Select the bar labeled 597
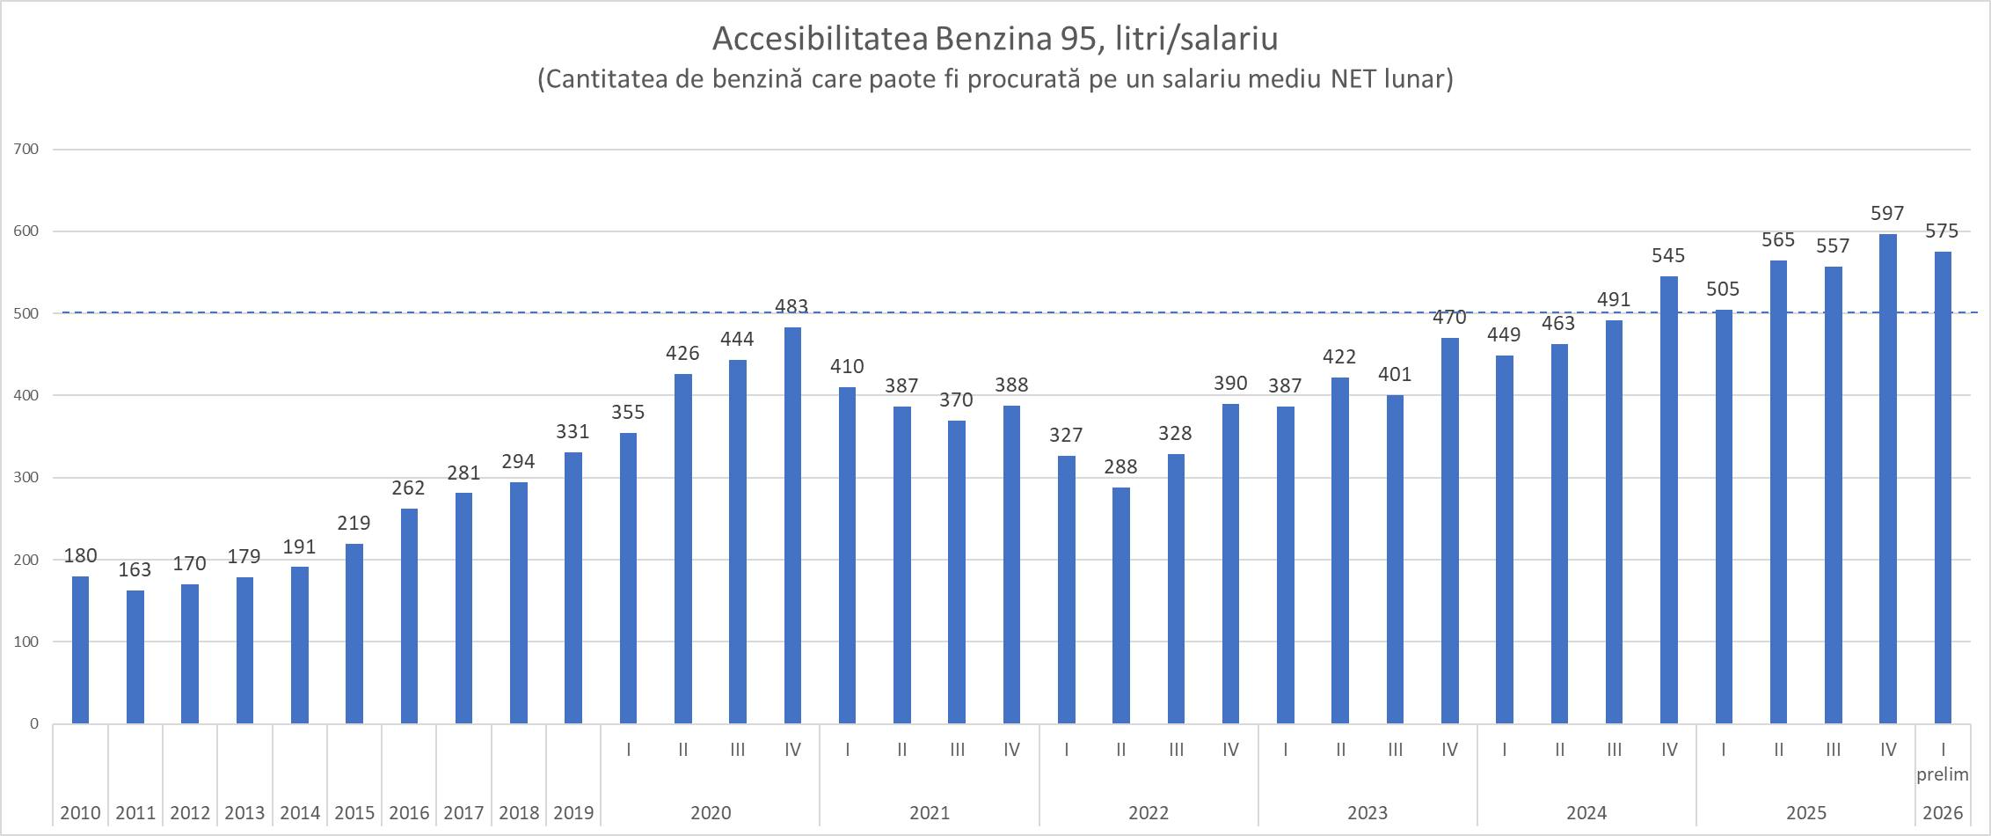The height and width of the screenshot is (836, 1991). (x=1887, y=479)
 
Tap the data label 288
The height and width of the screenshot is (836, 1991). (x=1120, y=466)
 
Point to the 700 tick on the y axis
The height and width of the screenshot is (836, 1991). (x=27, y=150)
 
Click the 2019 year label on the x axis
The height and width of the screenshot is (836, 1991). (x=573, y=812)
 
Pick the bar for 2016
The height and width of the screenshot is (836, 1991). (x=409, y=616)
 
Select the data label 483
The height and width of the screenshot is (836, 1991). (x=791, y=306)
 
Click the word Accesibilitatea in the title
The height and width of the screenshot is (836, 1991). (x=820, y=39)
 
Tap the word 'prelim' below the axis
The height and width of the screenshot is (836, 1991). (x=1942, y=774)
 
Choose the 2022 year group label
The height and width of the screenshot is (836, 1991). (x=1149, y=812)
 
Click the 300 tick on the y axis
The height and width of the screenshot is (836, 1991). (x=27, y=478)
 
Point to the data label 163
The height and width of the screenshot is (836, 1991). (x=135, y=569)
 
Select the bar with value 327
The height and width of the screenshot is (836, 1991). (x=1066, y=590)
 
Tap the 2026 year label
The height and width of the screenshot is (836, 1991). (x=1942, y=812)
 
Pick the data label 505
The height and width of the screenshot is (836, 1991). (x=1723, y=289)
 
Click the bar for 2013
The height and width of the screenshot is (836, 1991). (x=244, y=650)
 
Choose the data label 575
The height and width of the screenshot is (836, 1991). (x=1942, y=231)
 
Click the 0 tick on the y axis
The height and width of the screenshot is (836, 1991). (x=34, y=724)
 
